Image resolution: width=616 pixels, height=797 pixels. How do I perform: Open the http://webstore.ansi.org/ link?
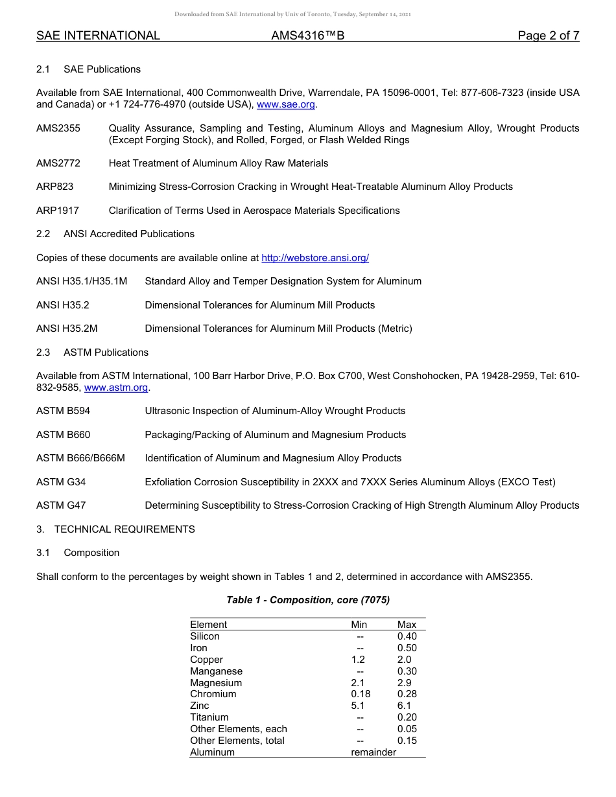(315, 258)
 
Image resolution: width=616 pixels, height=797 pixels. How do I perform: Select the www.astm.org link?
(117, 387)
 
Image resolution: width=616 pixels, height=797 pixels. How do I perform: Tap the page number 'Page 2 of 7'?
(548, 36)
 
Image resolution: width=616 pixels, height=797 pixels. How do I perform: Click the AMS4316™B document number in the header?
(307, 36)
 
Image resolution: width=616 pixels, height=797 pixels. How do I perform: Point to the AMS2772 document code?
(58, 163)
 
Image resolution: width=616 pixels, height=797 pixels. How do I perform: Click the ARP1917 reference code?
(58, 211)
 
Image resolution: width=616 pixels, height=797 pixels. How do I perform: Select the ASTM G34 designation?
(61, 482)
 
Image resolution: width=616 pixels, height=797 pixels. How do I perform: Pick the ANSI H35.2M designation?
(67, 329)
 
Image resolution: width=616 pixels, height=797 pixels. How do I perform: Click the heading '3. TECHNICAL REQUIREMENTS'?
(115, 529)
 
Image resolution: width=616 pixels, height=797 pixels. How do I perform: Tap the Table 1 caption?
(308, 600)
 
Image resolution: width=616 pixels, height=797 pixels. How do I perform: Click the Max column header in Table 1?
(407, 625)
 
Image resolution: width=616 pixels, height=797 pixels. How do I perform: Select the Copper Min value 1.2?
(358, 660)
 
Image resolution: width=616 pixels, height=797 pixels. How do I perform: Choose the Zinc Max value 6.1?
(404, 706)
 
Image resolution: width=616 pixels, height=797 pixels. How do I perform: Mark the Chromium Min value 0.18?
(361, 694)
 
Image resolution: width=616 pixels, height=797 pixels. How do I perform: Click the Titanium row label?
(209, 717)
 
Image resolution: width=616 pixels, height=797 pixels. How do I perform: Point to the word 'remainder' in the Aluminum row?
(373, 752)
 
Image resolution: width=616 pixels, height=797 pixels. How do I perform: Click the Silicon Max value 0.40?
(407, 636)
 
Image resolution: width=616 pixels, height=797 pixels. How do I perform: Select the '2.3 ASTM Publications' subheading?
(93, 352)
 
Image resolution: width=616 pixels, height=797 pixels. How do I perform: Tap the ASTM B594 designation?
(63, 411)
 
